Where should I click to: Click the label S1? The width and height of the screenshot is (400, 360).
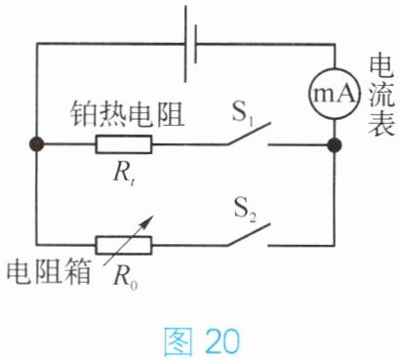click(243, 113)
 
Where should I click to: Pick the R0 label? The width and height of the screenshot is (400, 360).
click(125, 277)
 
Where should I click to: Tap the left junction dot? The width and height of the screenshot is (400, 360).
click(36, 144)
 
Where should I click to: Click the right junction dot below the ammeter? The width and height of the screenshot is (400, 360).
click(335, 144)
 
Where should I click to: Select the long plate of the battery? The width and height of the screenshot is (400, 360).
click(185, 44)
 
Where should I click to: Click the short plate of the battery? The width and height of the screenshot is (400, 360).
click(195, 44)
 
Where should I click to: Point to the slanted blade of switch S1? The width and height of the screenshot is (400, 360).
click(249, 134)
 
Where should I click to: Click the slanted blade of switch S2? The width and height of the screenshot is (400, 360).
click(249, 234)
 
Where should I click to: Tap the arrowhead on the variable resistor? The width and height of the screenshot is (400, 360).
click(147, 220)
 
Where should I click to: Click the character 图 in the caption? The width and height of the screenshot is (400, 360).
click(178, 341)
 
